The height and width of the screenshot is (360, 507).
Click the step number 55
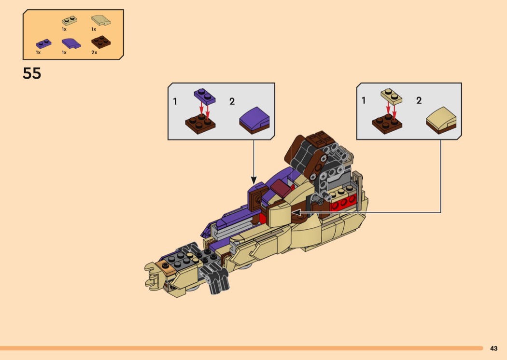[32, 74]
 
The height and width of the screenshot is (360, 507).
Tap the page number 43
[493, 348]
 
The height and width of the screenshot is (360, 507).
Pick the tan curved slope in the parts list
[100, 21]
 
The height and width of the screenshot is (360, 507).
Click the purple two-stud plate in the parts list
[43, 43]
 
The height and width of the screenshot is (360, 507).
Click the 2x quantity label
[94, 52]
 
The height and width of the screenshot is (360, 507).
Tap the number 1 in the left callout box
[175, 101]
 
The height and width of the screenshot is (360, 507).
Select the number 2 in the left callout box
[232, 101]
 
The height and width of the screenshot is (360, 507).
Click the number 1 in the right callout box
[364, 100]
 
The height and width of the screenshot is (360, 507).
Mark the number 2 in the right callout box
[419, 100]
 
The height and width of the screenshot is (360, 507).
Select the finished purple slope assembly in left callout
[255, 121]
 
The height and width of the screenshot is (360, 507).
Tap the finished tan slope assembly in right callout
[441, 120]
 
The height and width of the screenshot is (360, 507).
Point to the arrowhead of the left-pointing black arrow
[295, 212]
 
